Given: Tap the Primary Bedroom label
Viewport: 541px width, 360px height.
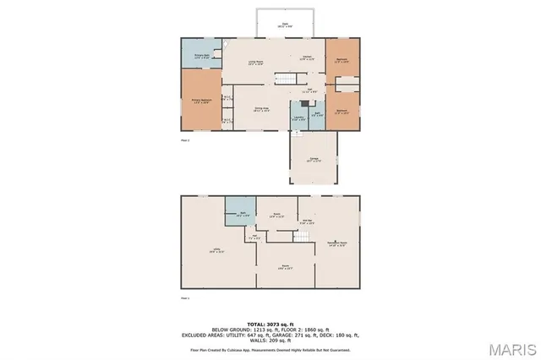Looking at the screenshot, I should tap(200, 101).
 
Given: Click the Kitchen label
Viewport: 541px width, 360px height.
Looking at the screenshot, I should tap(307, 59).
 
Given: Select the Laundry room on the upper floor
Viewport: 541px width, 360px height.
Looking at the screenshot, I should tap(298, 117).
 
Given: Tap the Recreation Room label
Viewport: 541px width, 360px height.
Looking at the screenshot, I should tap(339, 243).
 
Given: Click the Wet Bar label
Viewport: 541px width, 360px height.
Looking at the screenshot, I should tap(309, 222).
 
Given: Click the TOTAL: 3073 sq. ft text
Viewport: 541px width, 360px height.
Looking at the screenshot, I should tap(270, 325).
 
